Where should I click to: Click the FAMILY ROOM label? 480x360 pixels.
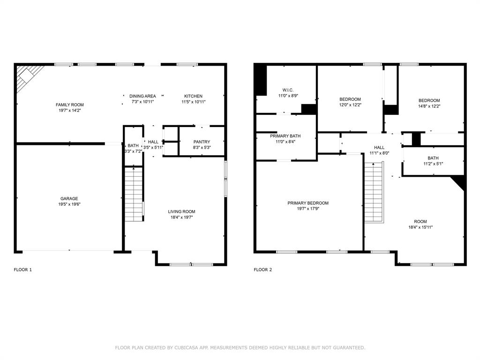coord(69,105)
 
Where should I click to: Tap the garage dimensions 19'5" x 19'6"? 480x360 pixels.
coord(69,204)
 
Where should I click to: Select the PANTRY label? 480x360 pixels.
coord(202,142)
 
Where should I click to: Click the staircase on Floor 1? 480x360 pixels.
coord(134,193)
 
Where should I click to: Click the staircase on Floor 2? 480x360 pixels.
coord(374,192)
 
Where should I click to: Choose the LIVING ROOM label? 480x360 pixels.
coord(182,211)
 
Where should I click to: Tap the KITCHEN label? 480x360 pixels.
coord(193,96)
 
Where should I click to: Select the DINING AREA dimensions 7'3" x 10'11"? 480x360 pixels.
coord(142,102)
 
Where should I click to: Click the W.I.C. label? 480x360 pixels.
coord(288,90)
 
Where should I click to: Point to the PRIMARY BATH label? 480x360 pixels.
coord(285,135)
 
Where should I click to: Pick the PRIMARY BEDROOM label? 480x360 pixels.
coord(308,203)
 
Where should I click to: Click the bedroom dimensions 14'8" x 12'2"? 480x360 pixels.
coord(429,106)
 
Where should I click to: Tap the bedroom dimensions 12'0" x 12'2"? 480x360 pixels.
coord(350,105)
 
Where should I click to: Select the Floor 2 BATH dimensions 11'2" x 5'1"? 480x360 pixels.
coord(433,164)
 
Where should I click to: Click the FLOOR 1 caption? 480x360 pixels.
coord(23,270)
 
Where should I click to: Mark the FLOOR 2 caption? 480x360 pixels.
coord(262,270)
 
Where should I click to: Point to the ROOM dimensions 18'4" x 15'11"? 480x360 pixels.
coord(420,227)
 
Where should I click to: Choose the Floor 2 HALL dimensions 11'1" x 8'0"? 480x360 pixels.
coord(379,153)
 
